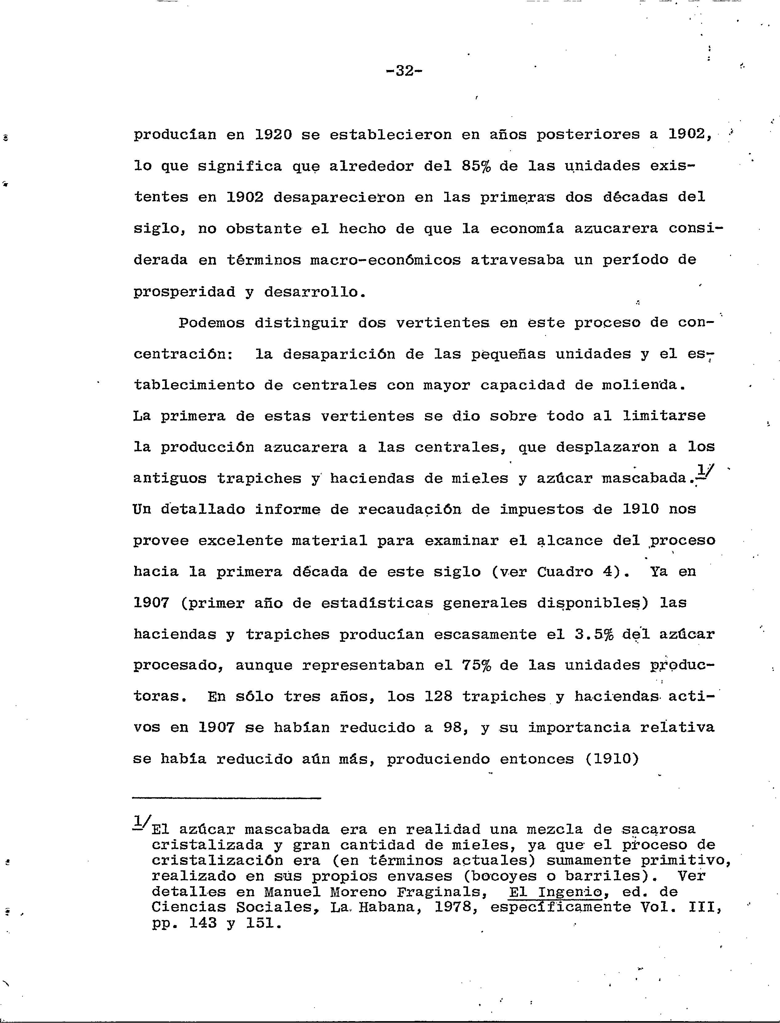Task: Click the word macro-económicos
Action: point(385,260)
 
